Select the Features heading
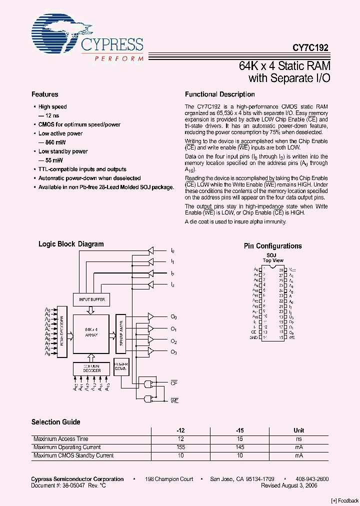pyautogui.click(x=45, y=94)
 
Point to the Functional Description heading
pyautogui.click(x=220, y=94)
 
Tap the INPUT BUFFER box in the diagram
pyautogui.click(x=90, y=300)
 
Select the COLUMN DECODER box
pyautogui.click(x=91, y=369)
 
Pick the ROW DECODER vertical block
pyautogui.click(x=62, y=332)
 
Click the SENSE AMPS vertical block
pyautogui.click(x=120, y=332)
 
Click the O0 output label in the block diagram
pyautogui.click(x=173, y=317)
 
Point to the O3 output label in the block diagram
pyautogui.click(x=173, y=352)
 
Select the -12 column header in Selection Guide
pyautogui.click(x=180, y=430)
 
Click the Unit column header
pyautogui.click(x=298, y=430)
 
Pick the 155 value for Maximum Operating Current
pyautogui.click(x=180, y=447)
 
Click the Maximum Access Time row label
pyautogui.click(x=61, y=439)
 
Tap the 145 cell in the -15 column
pyautogui.click(x=240, y=447)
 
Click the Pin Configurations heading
pyautogui.click(x=272, y=246)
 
